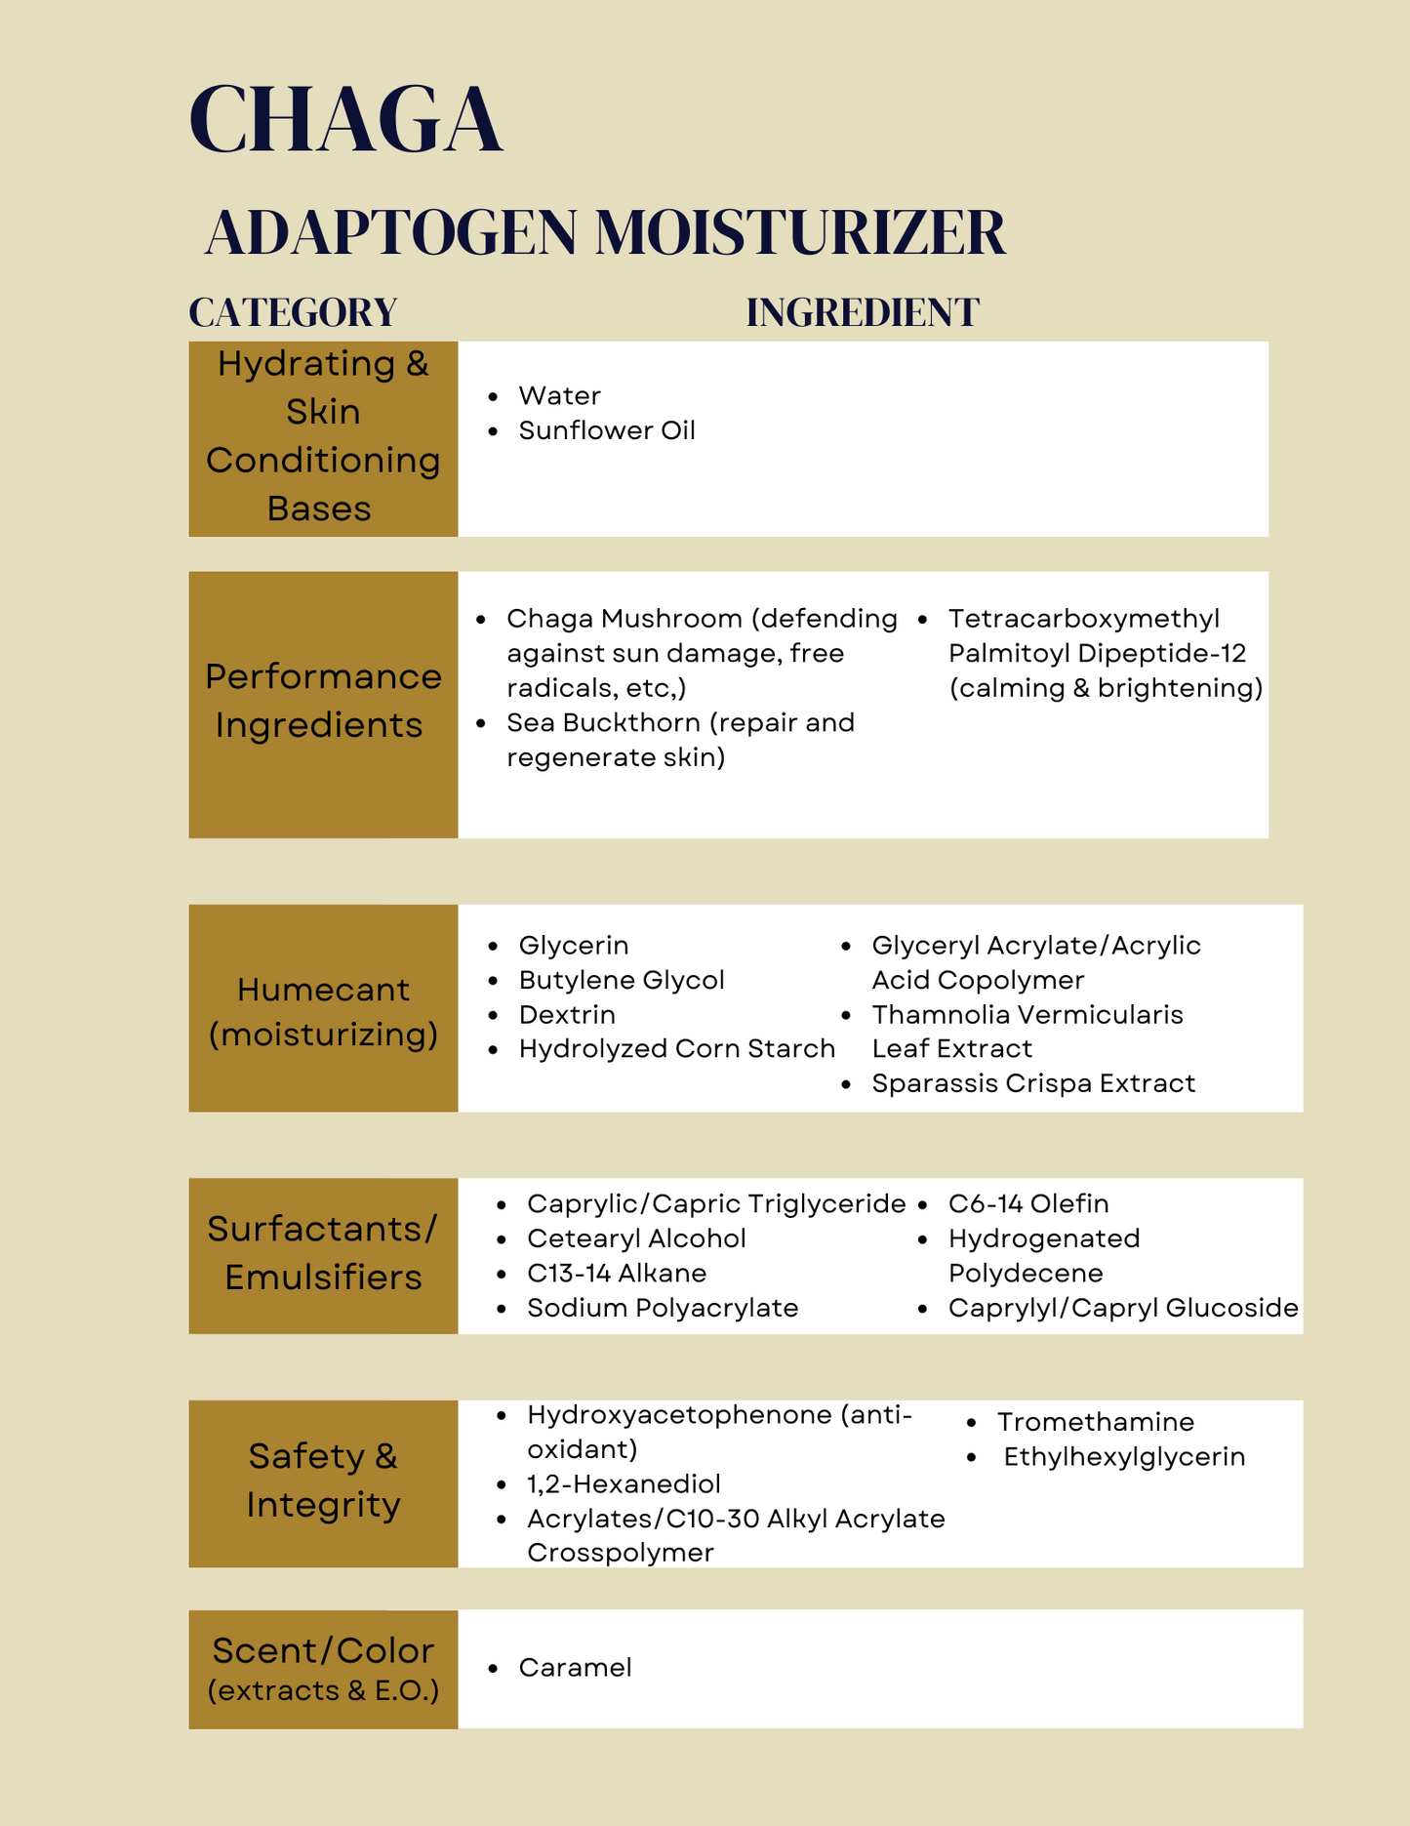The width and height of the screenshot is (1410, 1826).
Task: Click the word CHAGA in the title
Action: [x=345, y=120]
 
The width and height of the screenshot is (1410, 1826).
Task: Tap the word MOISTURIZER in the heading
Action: [x=800, y=233]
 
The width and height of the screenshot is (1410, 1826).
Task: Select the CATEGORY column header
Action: [x=293, y=312]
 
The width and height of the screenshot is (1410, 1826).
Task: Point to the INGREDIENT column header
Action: [x=863, y=312]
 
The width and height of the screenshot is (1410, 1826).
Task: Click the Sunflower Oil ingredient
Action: [x=606, y=430]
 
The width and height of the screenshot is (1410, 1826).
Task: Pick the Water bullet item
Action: [x=559, y=395]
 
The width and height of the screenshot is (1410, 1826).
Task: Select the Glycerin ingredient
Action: [x=573, y=945]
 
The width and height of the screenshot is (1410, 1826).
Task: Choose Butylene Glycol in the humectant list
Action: [x=621, y=980]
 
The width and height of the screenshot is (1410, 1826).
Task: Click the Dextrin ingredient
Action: [x=566, y=1014]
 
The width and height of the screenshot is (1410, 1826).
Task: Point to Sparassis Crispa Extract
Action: [x=1032, y=1083]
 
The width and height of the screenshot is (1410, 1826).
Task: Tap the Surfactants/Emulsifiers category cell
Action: [x=323, y=1254]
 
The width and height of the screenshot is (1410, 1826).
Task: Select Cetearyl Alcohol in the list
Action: [x=636, y=1238]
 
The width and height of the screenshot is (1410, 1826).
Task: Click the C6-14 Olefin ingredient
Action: [x=1027, y=1203]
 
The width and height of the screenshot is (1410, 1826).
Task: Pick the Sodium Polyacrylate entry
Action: [x=663, y=1308]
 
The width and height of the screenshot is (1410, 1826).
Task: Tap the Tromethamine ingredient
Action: [x=1095, y=1422]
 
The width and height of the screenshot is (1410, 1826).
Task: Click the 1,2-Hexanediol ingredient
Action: [x=624, y=1483]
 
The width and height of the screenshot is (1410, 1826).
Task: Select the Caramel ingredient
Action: [x=575, y=1667]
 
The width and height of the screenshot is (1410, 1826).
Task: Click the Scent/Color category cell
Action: [x=323, y=1668]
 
